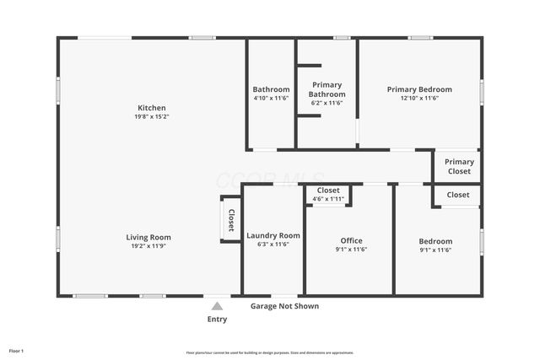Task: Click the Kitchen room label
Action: point(152,108)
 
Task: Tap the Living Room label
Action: point(148,238)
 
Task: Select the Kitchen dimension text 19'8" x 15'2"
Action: point(152,117)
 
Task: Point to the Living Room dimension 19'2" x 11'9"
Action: point(148,247)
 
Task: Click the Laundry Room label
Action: point(273,235)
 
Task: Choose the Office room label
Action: point(351,240)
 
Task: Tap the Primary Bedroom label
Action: point(419,89)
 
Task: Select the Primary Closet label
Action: point(459,166)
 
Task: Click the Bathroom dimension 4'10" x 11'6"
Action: point(271,99)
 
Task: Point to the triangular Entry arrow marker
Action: point(217,307)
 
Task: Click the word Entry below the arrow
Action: point(217,320)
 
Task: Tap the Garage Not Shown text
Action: point(284,306)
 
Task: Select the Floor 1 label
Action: point(16,351)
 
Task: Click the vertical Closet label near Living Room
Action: point(231,220)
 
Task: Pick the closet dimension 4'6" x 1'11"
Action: point(328,199)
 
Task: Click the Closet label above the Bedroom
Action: point(458,195)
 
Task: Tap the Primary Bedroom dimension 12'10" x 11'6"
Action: point(419,99)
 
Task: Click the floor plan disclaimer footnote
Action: point(270,352)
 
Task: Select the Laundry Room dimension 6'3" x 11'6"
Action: point(273,244)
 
